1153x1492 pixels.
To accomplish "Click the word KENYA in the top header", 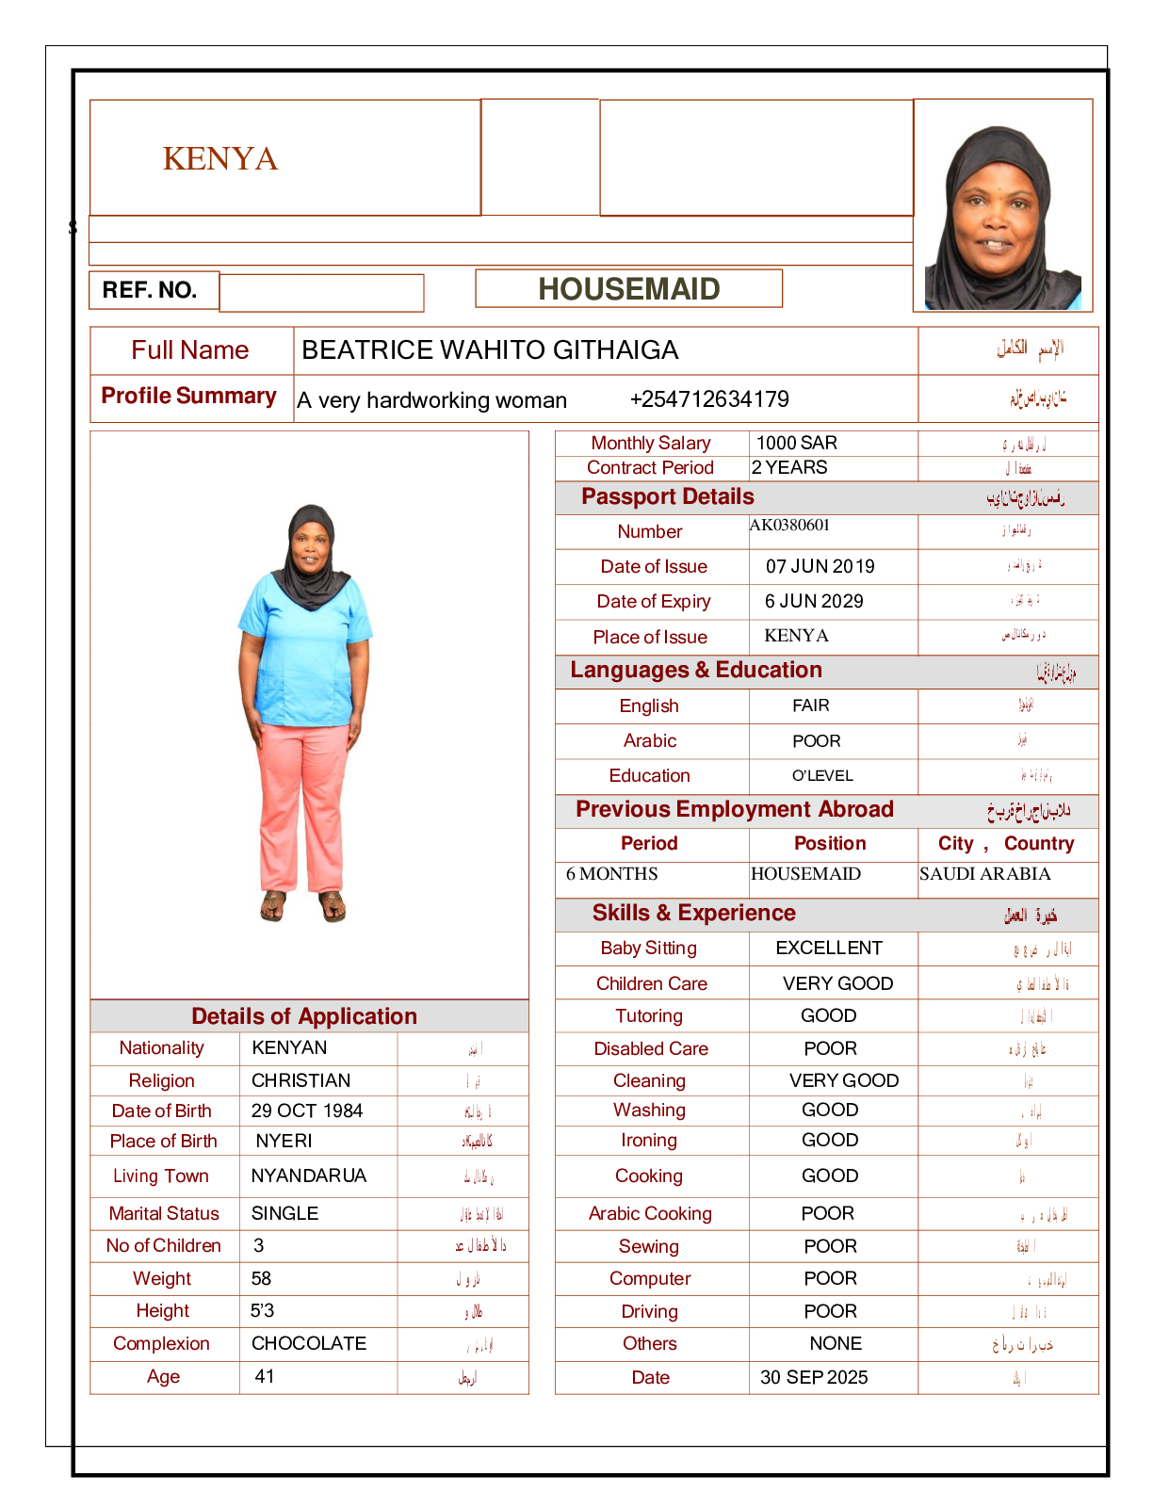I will click(x=220, y=158).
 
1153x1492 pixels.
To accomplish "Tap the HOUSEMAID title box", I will click(x=628, y=289).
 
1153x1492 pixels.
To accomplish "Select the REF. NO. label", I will click(x=150, y=290).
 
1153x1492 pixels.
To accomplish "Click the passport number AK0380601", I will click(x=789, y=526).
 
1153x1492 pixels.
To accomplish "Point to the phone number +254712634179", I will click(x=709, y=399).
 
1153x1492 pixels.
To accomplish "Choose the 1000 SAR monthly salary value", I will click(x=796, y=443).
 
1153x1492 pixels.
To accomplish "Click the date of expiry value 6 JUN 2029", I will click(x=814, y=601).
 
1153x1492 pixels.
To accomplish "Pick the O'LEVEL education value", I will click(x=822, y=776).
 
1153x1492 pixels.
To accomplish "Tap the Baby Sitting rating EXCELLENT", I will click(x=829, y=948).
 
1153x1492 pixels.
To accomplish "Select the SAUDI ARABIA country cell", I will click(x=984, y=874).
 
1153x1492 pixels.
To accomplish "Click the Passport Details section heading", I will click(x=667, y=497).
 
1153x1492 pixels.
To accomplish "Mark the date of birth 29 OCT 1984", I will click(x=306, y=1111).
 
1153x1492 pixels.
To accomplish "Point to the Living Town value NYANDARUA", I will click(x=308, y=1176).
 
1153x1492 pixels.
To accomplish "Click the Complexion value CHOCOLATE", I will click(x=309, y=1343).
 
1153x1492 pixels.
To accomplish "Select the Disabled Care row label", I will click(x=650, y=1048).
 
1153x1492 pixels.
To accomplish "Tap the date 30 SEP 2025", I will click(x=814, y=1377).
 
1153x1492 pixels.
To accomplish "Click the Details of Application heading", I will click(x=303, y=1016).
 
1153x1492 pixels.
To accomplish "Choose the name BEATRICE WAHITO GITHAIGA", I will click(x=490, y=350).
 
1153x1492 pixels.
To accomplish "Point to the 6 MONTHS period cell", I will click(x=611, y=874).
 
